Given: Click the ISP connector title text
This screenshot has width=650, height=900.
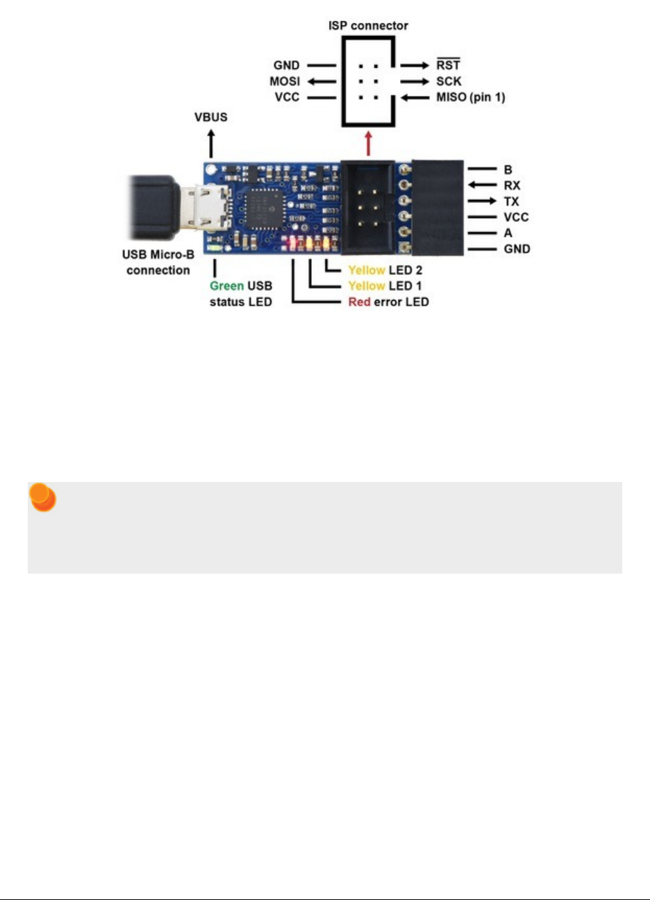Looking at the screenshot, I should pos(368,26).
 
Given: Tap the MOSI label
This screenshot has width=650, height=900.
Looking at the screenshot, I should pos(285,81).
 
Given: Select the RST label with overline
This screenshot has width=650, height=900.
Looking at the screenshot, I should pos(448,65).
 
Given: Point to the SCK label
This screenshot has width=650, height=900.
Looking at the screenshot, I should pos(449,81).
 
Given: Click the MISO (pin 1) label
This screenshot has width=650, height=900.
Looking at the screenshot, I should pos(470,97).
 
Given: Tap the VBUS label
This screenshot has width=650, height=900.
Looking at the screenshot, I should pos(210,117).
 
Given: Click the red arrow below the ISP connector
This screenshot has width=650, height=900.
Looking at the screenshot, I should pos(368,145).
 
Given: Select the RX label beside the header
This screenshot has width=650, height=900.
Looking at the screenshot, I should pos(512,185).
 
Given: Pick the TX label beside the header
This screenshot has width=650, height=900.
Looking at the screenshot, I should pos(511,201).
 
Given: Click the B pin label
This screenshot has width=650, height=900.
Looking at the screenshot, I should pos(508,169).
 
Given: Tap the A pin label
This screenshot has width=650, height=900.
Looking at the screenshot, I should pos(508,233).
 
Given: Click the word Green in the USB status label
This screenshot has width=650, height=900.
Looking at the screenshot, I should pos(226,285).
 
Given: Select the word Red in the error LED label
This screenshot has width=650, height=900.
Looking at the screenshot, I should pos(359,302).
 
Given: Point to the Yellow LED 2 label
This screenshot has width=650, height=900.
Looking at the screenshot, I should pos(385,269).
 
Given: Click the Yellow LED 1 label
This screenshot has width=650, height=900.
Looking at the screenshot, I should pos(385,285).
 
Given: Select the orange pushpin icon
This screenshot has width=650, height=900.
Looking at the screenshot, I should pos(42,499).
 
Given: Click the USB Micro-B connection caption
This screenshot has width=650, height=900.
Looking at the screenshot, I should pos(158,263).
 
